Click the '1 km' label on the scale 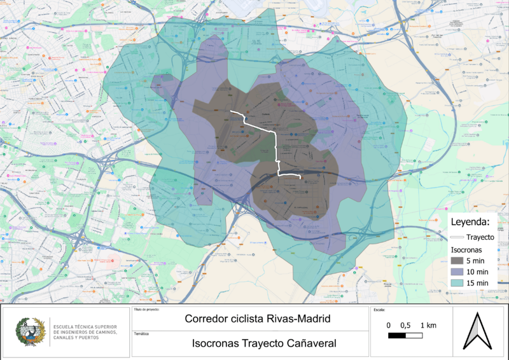pos(428,325)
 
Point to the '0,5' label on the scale pos(405,325)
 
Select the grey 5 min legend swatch pos(457,260)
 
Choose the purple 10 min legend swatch pos(457,272)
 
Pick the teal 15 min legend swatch pos(457,282)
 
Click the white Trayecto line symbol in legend pos(457,237)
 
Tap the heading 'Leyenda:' pos(470,222)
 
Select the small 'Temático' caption pos(141,333)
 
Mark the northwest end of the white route pos(230,113)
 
